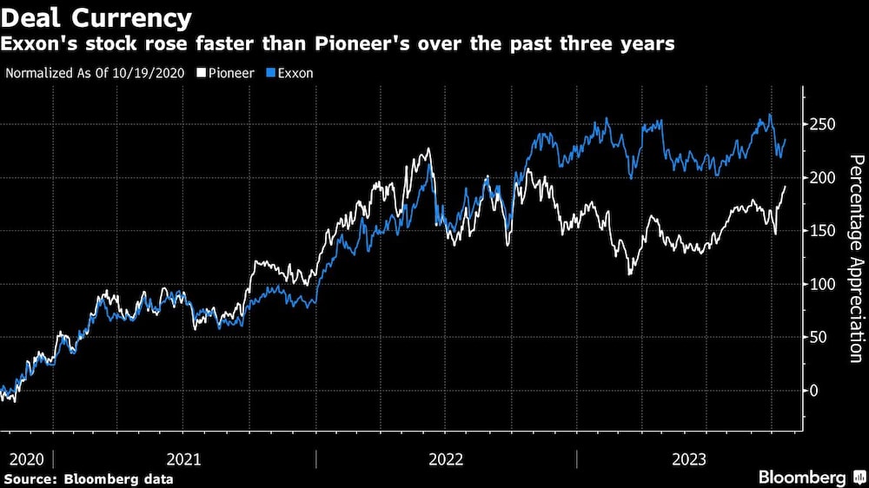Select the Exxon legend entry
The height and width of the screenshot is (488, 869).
click(x=295, y=73)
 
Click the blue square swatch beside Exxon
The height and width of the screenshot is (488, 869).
click(x=269, y=73)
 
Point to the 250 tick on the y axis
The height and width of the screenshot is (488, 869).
click(x=822, y=125)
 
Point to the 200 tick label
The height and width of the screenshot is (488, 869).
click(x=822, y=178)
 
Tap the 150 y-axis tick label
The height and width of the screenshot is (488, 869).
click(x=822, y=231)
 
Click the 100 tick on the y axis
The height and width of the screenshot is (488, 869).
click(x=822, y=284)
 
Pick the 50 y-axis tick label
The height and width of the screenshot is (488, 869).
click(x=819, y=337)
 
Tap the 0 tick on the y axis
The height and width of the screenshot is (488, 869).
click(x=815, y=391)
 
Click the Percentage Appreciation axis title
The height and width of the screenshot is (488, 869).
click(x=856, y=259)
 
